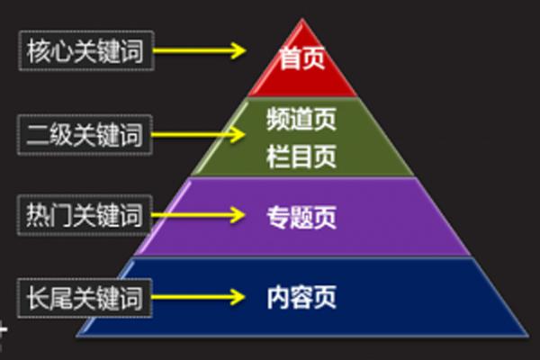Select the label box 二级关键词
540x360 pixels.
click(x=85, y=137)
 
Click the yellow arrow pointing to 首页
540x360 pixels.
click(x=199, y=50)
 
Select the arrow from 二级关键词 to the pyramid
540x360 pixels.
click(x=199, y=135)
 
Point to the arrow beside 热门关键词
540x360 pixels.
click(x=199, y=214)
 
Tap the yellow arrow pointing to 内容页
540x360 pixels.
click(x=199, y=296)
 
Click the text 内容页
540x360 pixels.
click(x=301, y=297)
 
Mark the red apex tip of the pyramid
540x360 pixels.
click(x=301, y=20)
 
